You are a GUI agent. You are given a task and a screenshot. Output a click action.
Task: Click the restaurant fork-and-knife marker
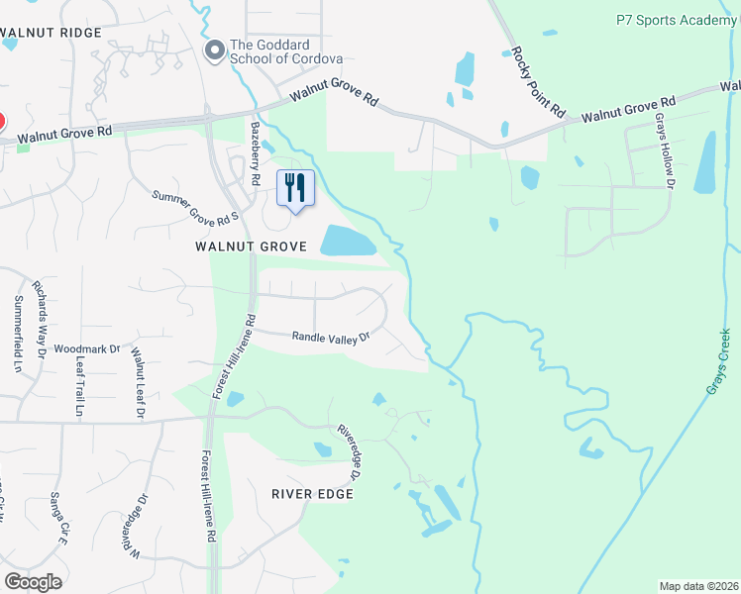click(x=295, y=187)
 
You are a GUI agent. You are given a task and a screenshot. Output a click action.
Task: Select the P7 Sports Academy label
click(x=677, y=19)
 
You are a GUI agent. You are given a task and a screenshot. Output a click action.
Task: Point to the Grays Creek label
click(x=724, y=362)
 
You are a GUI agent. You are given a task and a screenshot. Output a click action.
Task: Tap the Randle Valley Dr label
click(x=330, y=337)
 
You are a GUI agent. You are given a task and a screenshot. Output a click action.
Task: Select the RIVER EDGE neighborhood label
click(x=313, y=493)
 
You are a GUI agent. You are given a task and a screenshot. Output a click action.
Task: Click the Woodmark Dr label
click(x=86, y=348)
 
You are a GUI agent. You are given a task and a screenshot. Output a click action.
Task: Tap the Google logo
click(x=34, y=582)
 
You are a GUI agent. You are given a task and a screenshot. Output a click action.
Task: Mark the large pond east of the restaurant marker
click(x=348, y=240)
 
